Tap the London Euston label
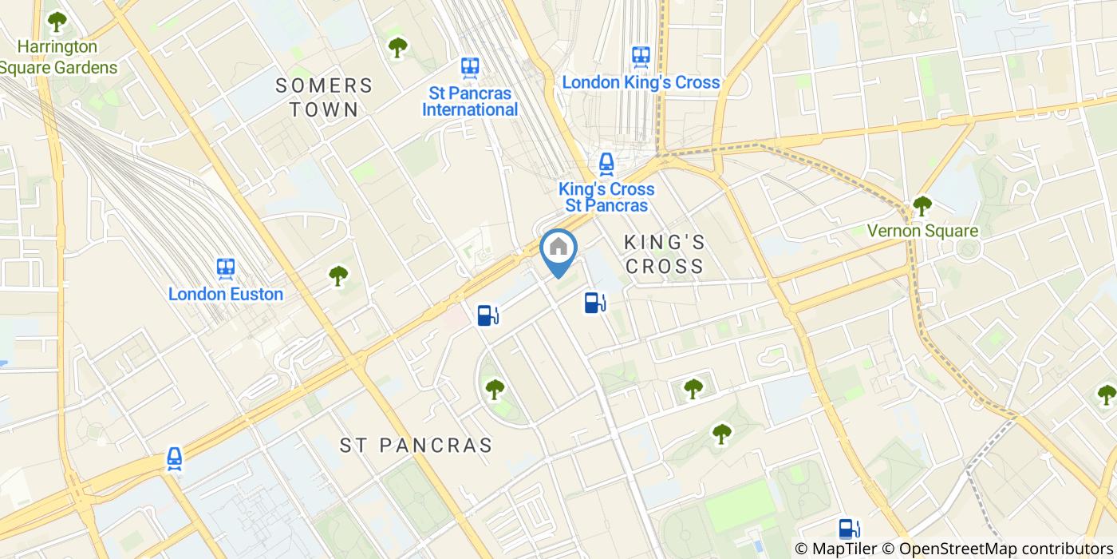pyautogui.click(x=226, y=294)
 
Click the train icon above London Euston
pyautogui.click(x=226, y=268)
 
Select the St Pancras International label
pyautogui.click(x=470, y=101)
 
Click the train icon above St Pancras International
pyautogui.click(x=470, y=67)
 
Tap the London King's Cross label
pyautogui.click(x=641, y=82)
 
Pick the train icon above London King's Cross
pyautogui.click(x=641, y=56)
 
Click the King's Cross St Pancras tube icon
pyautogui.click(x=606, y=165)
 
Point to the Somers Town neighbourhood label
pyautogui.click(x=324, y=97)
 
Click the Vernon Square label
pyautogui.click(x=923, y=231)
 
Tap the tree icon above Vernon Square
pyautogui.click(x=922, y=206)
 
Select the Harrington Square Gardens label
pyautogui.click(x=57, y=57)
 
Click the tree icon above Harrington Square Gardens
pyautogui.click(x=57, y=21)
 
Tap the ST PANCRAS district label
pyautogui.click(x=416, y=445)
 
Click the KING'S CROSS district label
pyautogui.click(x=665, y=253)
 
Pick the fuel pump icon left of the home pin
pyautogui.click(x=487, y=315)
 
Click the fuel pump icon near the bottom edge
pyautogui.click(x=849, y=529)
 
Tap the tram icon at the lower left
pyautogui.click(x=175, y=458)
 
